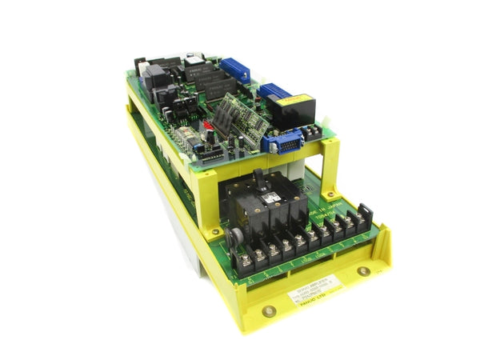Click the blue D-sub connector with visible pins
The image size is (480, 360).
[x=282, y=142]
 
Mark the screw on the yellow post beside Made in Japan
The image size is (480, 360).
[x=330, y=154]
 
